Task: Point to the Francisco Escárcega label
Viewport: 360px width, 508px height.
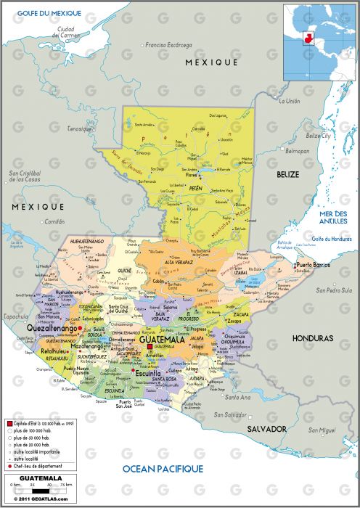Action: click(x=171, y=45)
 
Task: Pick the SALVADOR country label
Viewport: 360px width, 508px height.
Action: click(x=267, y=430)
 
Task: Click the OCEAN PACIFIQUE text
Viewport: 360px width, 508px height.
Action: click(x=162, y=469)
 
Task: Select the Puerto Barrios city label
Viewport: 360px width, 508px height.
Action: click(x=313, y=265)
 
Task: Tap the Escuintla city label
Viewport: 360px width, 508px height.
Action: click(x=152, y=374)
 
